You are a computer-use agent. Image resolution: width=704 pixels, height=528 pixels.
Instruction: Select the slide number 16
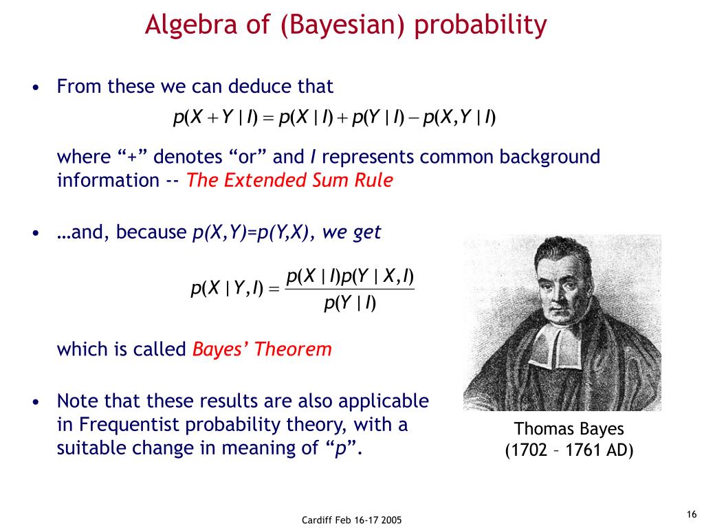692,514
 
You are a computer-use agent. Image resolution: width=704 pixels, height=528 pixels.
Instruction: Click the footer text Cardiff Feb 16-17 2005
351,520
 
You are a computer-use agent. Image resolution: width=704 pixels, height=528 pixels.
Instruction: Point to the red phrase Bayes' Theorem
262,349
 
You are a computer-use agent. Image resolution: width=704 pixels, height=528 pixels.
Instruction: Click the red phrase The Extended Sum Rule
289,181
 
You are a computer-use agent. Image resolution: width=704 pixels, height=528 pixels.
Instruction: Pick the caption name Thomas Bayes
569,429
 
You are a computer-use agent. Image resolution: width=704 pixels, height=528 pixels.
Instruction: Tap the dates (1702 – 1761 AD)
569,450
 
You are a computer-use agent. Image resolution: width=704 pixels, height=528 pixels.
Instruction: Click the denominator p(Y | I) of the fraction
350,303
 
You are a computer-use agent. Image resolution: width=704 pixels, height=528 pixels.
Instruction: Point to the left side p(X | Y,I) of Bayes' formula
227,288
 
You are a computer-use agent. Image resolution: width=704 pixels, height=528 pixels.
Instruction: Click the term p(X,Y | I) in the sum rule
459,118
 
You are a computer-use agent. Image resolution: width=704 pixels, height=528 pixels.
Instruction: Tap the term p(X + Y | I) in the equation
215,118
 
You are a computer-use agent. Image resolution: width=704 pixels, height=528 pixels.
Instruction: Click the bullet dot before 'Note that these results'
36,401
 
